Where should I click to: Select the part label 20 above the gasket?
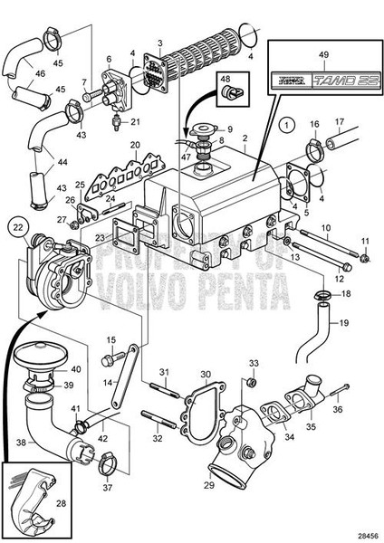tap(134, 145)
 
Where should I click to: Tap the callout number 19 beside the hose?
tap(345, 323)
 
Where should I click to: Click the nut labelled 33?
tap(253, 381)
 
